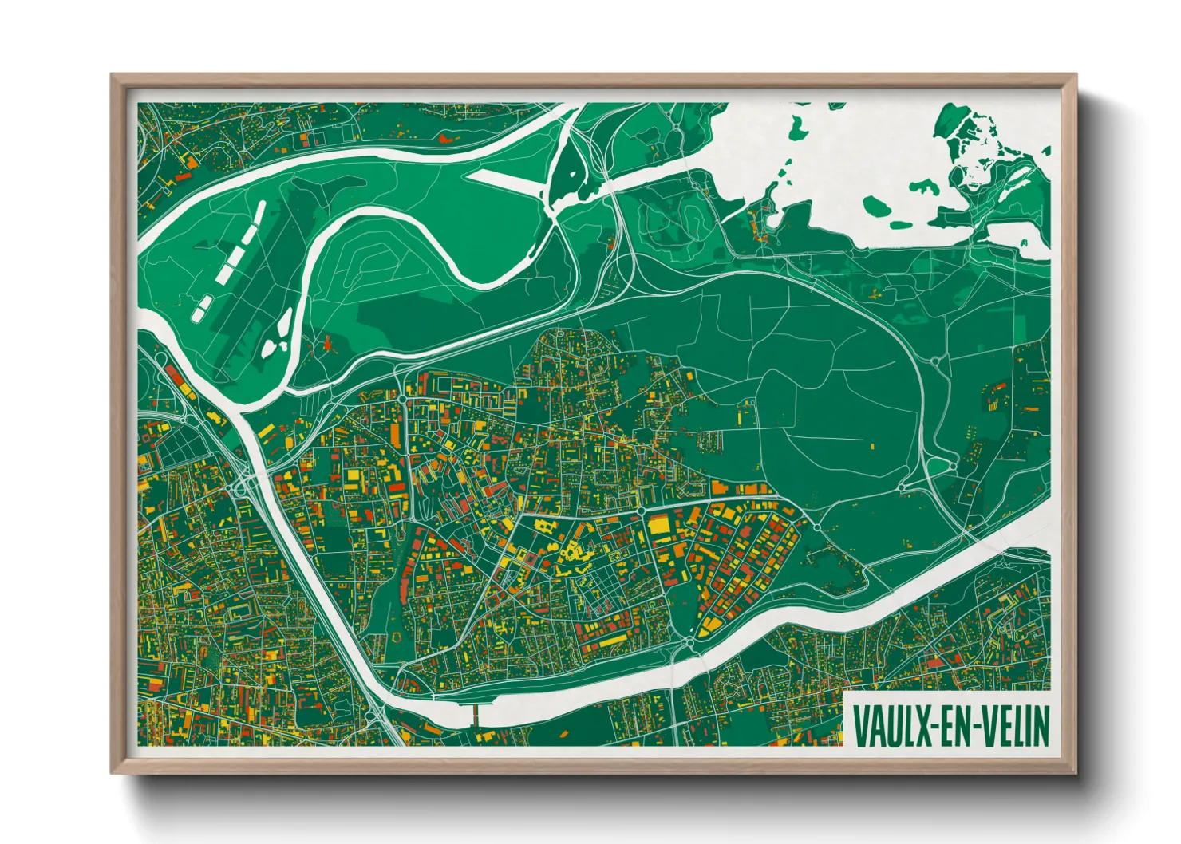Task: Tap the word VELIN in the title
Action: [1013, 726]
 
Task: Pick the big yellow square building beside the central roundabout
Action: [659, 524]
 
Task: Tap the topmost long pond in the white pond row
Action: [259, 212]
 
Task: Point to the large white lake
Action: [838, 160]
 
